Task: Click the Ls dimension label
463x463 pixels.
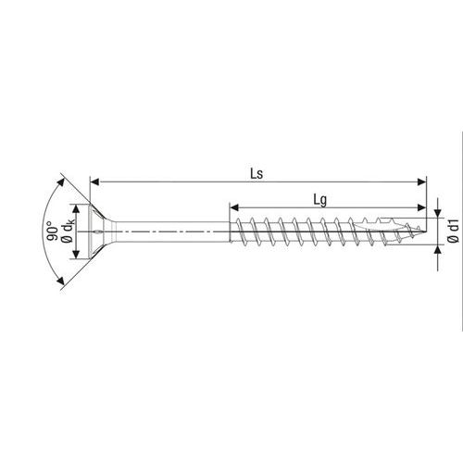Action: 257,174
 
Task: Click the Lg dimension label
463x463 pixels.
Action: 320,201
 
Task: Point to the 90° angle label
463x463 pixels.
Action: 52,231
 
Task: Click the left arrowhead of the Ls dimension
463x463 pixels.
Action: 94,181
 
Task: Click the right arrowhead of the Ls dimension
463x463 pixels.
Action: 421,181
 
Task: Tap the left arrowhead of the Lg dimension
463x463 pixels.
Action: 234,207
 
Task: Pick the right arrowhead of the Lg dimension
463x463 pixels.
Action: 421,207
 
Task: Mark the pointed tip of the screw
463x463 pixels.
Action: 425,231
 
